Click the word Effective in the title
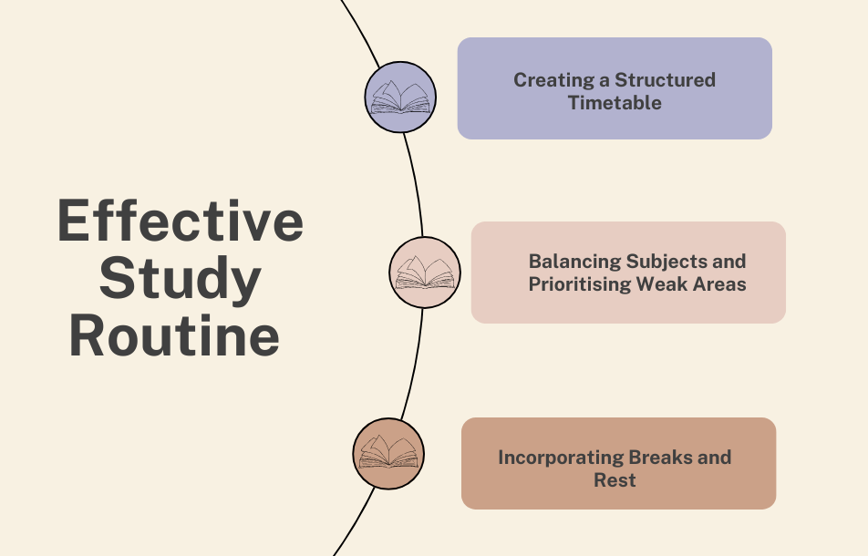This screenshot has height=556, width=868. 180,221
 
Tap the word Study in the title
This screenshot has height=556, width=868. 180,279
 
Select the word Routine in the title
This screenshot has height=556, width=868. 174,335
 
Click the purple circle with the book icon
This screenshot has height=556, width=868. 400,97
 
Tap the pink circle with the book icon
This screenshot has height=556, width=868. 425,272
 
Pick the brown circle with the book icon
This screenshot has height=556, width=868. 388,454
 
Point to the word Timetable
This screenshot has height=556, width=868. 615,102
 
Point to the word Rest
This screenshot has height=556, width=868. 615,480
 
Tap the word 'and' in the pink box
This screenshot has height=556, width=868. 728,262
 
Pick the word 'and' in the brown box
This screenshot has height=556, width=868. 714,458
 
